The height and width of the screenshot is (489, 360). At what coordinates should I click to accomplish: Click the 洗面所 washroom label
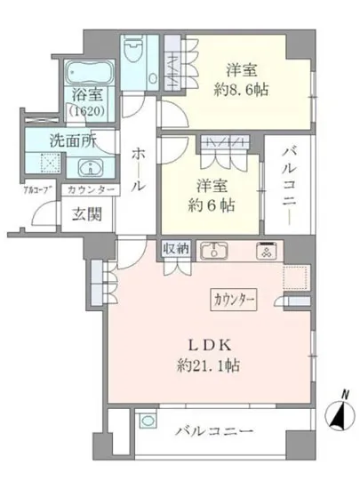[x=68, y=140]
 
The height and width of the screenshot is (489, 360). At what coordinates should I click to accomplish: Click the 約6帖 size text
[x=209, y=204]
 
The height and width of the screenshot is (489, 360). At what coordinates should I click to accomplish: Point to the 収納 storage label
[x=176, y=249]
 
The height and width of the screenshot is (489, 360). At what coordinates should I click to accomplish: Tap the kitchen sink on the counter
[x=214, y=252]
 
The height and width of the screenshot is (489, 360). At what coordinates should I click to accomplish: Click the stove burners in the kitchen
[x=264, y=252]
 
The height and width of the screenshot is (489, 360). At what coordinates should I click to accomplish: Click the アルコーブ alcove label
[x=36, y=189]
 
